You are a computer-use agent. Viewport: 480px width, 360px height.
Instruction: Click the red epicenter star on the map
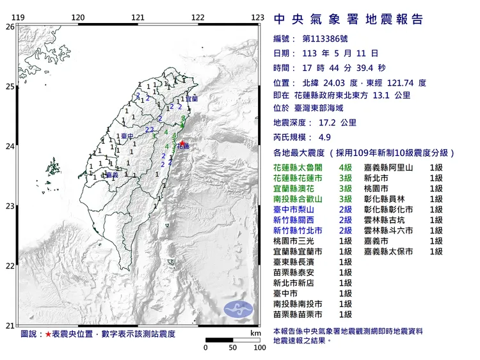pyautogui.click(x=181, y=143)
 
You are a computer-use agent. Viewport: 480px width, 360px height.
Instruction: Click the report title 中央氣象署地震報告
pyautogui.click(x=348, y=20)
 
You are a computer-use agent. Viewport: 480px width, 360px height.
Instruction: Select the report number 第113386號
pyautogui.click(x=332, y=39)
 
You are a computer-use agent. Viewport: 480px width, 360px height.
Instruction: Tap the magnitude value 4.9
pyautogui.click(x=324, y=137)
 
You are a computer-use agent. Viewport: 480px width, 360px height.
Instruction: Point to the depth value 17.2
pyautogui.click(x=324, y=122)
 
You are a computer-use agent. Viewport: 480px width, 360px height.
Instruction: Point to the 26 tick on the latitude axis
pyautogui.click(x=10, y=27)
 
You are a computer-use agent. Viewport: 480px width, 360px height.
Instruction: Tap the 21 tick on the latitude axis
pyautogui.click(x=10, y=325)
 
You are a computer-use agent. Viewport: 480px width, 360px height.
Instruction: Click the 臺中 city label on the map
pyautogui.click(x=128, y=136)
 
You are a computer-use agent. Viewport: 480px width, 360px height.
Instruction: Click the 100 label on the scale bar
pyautogui.click(x=259, y=348)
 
